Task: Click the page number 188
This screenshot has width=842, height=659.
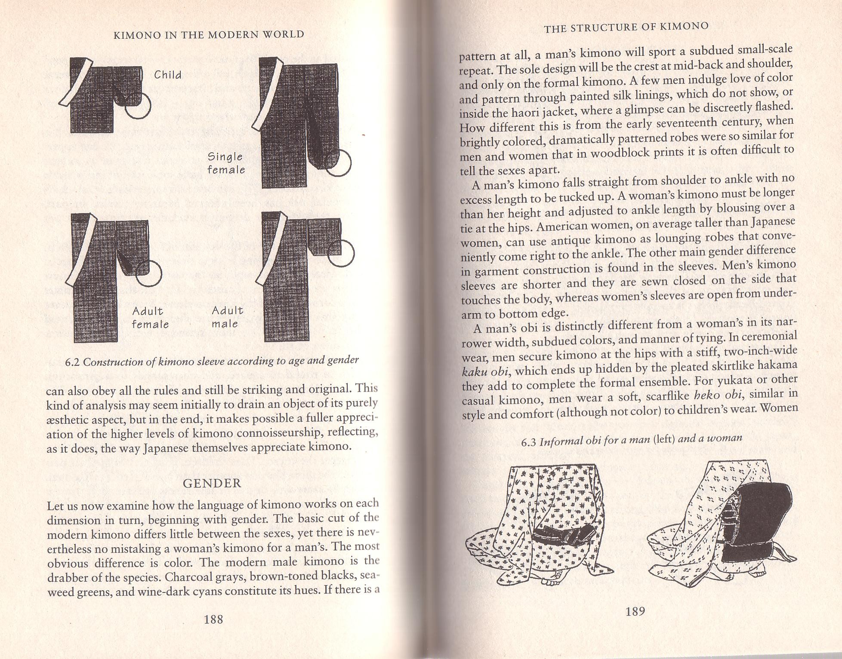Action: [213, 619]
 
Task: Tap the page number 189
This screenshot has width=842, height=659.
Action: [635, 611]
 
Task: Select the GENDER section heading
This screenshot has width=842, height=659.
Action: [212, 483]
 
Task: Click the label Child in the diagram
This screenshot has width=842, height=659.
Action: [168, 75]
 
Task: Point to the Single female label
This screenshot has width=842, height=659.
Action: [226, 163]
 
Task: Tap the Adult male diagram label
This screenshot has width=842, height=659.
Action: [227, 317]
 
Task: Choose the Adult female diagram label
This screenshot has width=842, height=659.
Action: [150, 318]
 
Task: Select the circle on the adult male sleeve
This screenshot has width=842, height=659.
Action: [341, 253]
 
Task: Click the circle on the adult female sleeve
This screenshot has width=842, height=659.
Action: [149, 273]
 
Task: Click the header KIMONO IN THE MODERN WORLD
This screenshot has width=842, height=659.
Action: [209, 35]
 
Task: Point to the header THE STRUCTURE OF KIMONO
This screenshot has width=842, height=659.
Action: [626, 27]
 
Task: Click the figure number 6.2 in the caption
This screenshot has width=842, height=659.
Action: [73, 362]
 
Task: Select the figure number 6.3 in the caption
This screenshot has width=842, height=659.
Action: [529, 442]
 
